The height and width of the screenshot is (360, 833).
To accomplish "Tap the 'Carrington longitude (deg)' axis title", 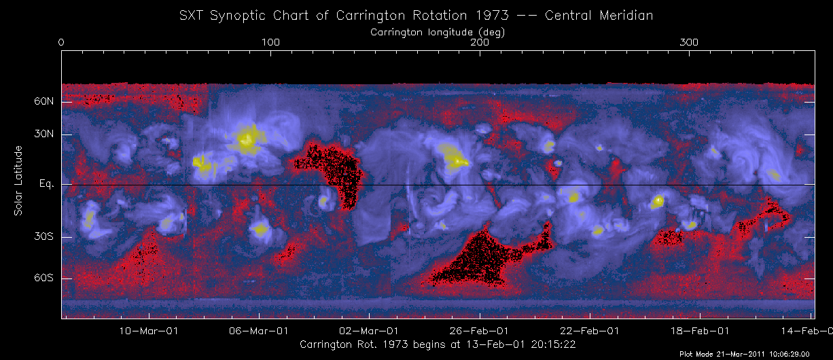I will (x=437, y=31).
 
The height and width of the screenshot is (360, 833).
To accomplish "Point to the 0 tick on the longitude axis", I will (x=62, y=43).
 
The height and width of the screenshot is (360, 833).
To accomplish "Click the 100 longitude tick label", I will (x=270, y=43).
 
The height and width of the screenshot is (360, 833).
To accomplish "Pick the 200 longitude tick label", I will (x=480, y=43).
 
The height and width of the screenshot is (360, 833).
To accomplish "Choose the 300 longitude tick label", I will (x=689, y=43).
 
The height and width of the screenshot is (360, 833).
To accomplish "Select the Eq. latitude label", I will (x=46, y=184).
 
